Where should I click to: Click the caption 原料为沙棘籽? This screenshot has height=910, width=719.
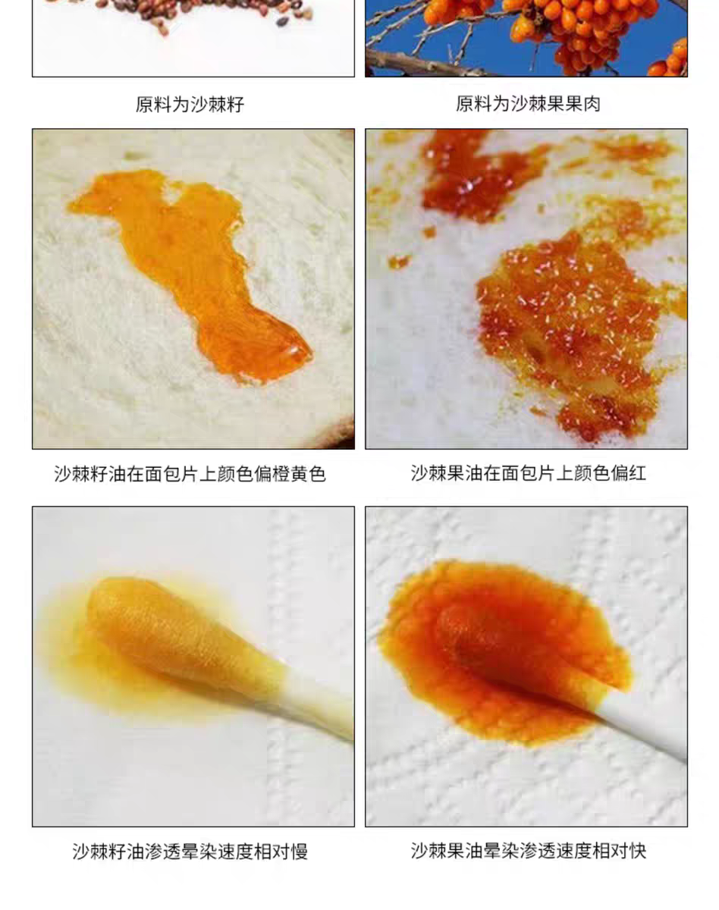(x=190, y=104)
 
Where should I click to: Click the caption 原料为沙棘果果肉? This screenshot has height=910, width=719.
(x=528, y=104)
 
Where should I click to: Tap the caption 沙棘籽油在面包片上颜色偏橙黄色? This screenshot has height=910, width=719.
(x=190, y=474)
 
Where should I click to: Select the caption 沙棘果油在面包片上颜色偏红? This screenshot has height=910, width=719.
(x=529, y=473)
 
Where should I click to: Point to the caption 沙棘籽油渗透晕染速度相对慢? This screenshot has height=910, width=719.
(x=190, y=851)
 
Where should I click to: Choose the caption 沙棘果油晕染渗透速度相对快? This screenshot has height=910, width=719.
(x=529, y=851)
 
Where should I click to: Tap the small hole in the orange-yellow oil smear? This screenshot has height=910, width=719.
(x=174, y=196)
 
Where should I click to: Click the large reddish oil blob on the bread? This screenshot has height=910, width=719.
(x=567, y=330)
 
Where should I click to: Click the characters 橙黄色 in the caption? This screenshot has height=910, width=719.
(x=299, y=474)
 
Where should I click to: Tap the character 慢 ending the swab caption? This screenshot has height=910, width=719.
(x=299, y=851)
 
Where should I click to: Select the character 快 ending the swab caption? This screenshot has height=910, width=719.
(x=638, y=851)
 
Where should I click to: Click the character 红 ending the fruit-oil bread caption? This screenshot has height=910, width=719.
(x=637, y=473)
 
